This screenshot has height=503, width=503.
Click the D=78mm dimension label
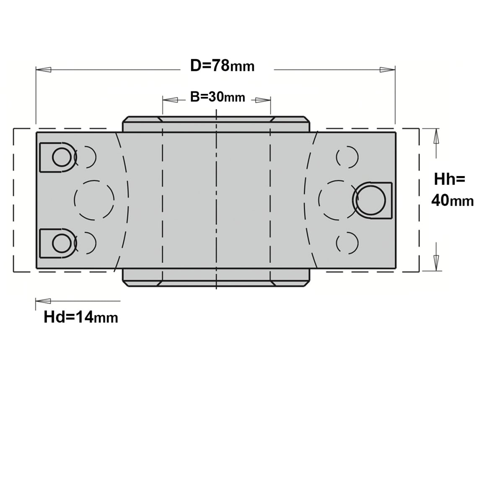tap(222, 66)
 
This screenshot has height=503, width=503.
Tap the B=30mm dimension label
tap(218, 97)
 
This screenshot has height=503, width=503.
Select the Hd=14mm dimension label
tap(80, 317)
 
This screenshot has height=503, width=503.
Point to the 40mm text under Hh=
tap(452, 201)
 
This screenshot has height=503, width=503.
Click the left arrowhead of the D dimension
tap(43, 70)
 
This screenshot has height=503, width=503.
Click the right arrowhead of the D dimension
tap(387, 70)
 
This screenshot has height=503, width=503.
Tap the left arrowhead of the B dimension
tap(170, 100)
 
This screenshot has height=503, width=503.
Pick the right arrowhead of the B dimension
tap(263, 100)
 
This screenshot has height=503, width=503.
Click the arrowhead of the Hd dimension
tap(43, 301)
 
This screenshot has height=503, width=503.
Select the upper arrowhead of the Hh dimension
tap(436, 136)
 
